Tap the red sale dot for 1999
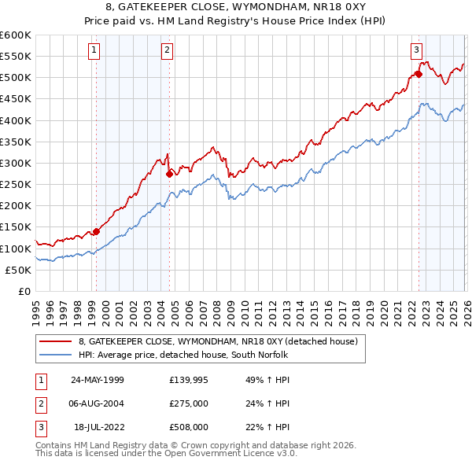97,231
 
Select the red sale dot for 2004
169,174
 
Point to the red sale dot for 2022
419,75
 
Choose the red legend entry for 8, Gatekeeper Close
218,341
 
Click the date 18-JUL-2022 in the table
99,428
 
